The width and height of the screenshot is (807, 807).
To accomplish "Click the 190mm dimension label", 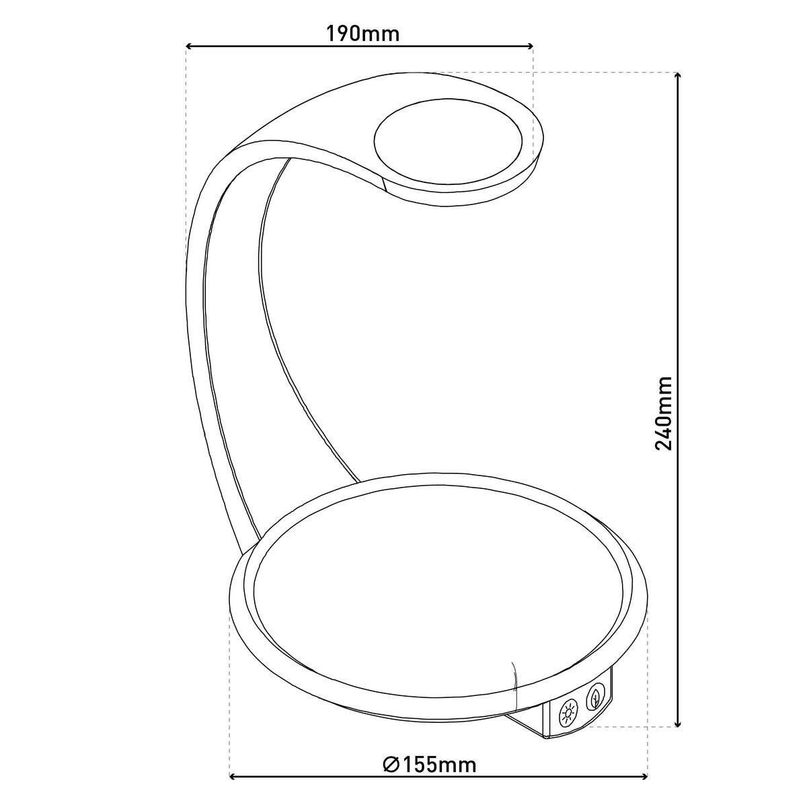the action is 362,34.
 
